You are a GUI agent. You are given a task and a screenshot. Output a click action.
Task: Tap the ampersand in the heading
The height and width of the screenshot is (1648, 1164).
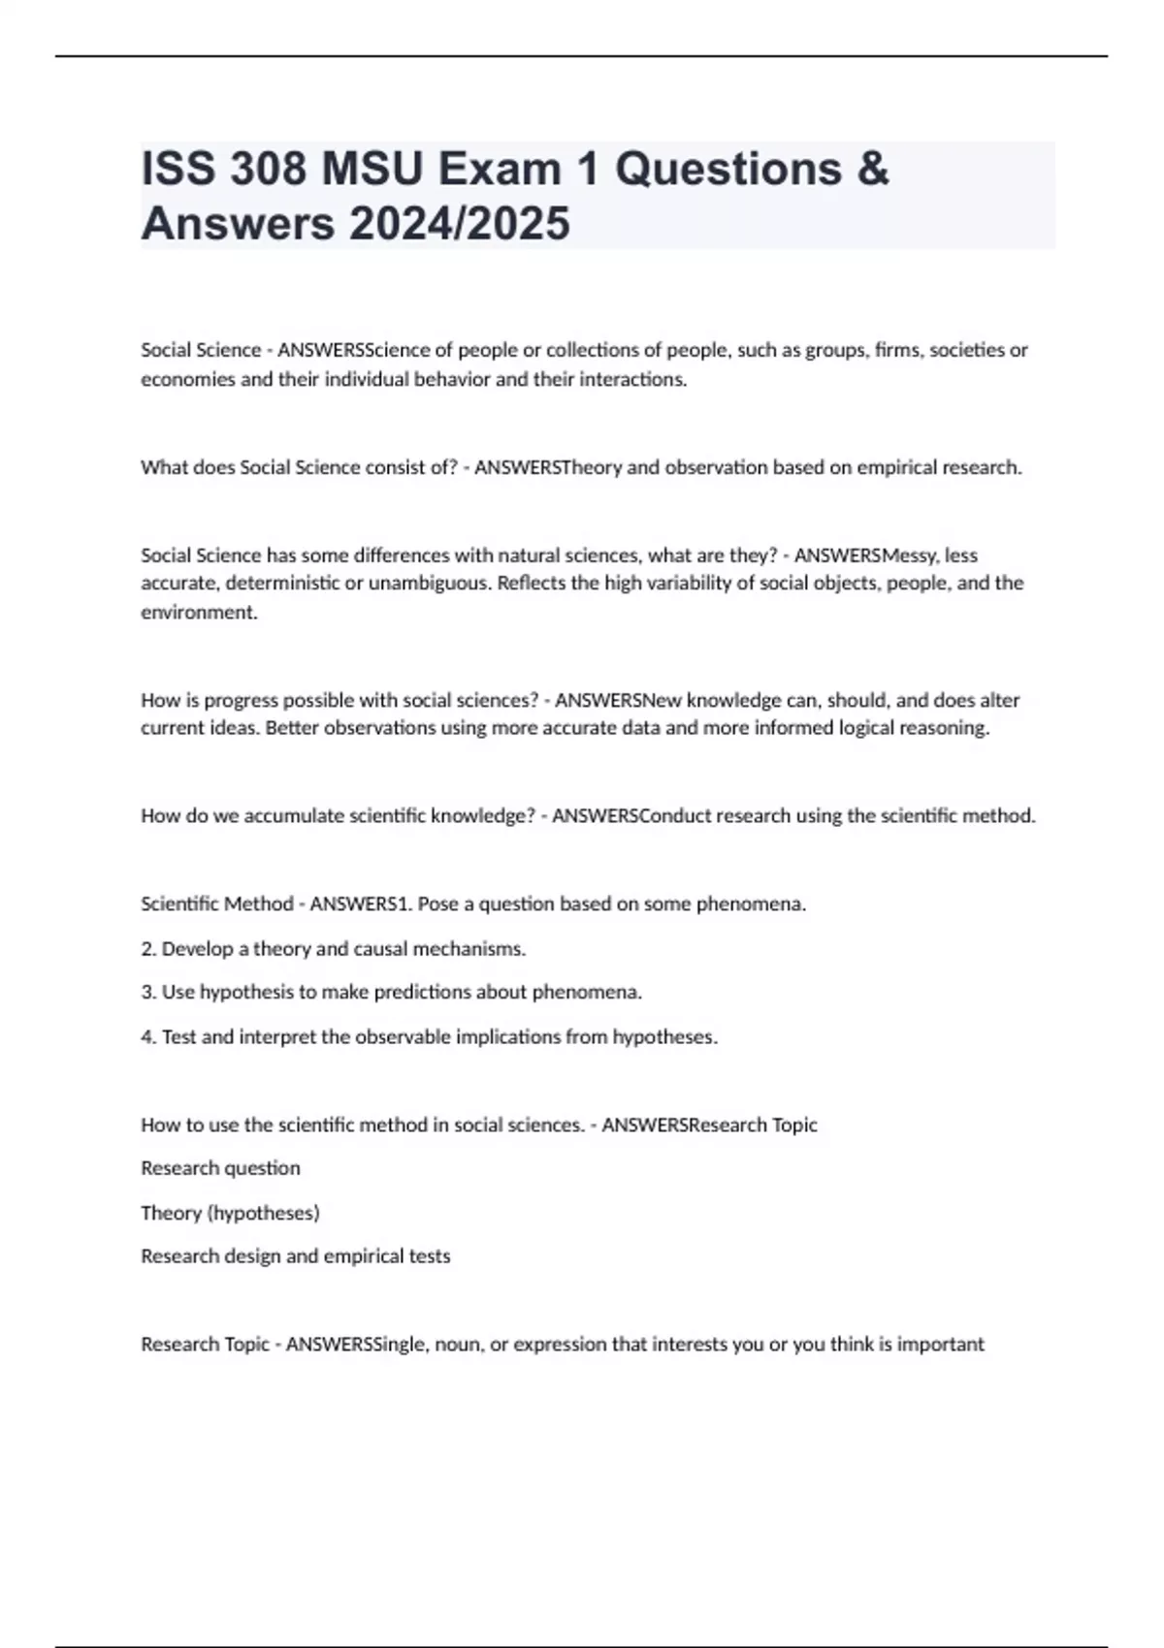(x=872, y=169)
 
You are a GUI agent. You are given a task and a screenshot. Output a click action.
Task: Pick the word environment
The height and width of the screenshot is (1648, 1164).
(x=199, y=612)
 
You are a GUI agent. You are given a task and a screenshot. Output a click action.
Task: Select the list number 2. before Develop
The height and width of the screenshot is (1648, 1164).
(x=148, y=948)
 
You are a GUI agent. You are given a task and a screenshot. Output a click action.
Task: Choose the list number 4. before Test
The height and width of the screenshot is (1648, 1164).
(x=148, y=1036)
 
